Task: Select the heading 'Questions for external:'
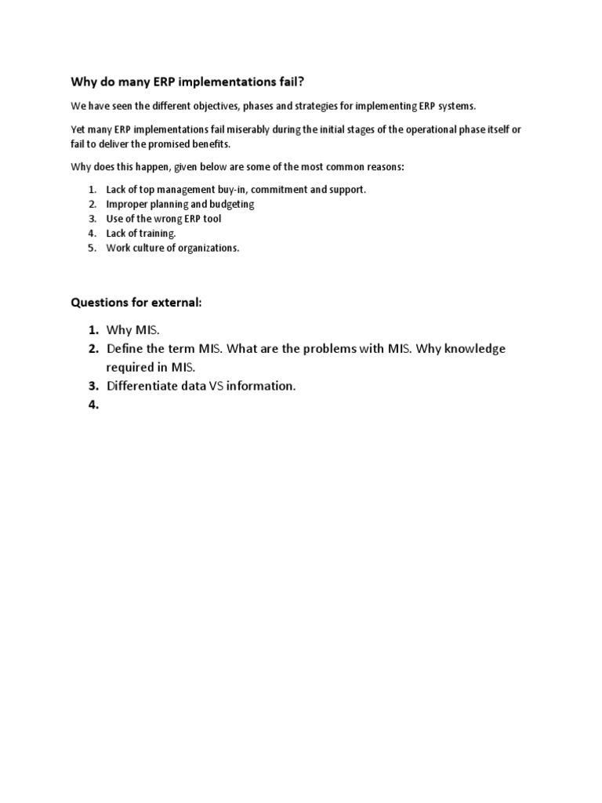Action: click(136, 302)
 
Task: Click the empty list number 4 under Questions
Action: click(93, 405)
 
